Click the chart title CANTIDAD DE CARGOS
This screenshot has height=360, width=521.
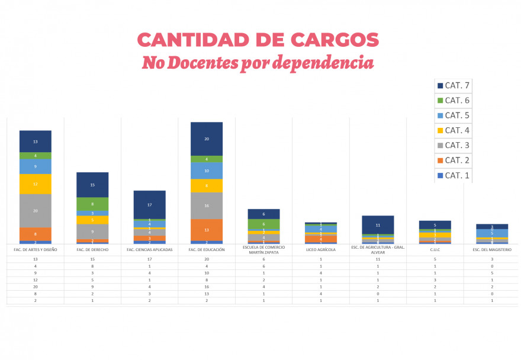pos(258,40)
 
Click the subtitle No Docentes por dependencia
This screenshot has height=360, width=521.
pos(258,63)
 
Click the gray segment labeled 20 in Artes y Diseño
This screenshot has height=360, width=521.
pos(36,210)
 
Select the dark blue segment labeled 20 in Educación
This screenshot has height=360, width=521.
pos(207,139)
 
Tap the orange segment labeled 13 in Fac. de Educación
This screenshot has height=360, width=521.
pos(207,230)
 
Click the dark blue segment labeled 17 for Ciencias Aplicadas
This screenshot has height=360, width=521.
pos(150,204)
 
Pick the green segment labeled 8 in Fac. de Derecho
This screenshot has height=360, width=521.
pos(92,204)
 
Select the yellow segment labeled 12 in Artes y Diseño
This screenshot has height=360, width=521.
pos(36,184)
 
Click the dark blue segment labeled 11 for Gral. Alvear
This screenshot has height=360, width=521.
pos(378,225)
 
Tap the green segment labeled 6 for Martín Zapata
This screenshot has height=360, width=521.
pos(263,224)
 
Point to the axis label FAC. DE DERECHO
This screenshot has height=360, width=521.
pos(92,250)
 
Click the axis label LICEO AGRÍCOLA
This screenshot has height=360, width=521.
pos(320,250)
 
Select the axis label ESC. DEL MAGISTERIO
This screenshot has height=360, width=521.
pos(491,250)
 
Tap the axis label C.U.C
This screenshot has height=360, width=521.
pos(435,250)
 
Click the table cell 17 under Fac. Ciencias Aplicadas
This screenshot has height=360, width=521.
pos(150,259)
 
